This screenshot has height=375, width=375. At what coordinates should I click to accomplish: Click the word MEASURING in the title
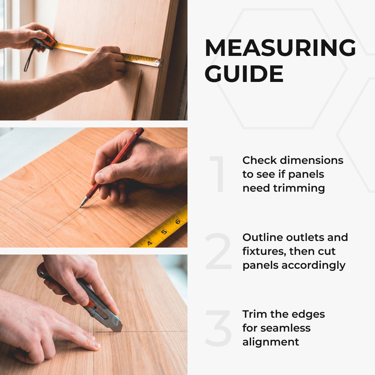pos(280,48)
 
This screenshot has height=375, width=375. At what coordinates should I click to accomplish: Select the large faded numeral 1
pos(218,174)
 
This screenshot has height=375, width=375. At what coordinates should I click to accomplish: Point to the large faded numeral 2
pos(218,251)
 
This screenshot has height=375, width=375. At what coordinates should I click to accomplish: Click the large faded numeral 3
pos(218,328)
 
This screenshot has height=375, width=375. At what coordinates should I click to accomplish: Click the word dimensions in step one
pos(311,160)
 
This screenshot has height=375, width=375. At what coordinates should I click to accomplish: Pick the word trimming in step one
pos(299,188)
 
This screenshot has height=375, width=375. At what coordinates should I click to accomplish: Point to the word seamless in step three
pos(285,328)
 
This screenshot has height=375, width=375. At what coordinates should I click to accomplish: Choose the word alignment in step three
pos(271,342)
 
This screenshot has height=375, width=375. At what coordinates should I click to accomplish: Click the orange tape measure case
pos(46,40)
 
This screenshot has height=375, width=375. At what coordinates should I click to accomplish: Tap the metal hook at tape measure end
pos(158,62)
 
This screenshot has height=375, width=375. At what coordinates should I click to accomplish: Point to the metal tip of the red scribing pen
pos(83,202)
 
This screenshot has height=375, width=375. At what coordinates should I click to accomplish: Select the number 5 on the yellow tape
pos(164,232)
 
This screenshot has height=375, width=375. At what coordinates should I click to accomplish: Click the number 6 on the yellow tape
pos(178,221)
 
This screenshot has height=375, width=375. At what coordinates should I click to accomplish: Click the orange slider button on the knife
pos(90,304)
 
